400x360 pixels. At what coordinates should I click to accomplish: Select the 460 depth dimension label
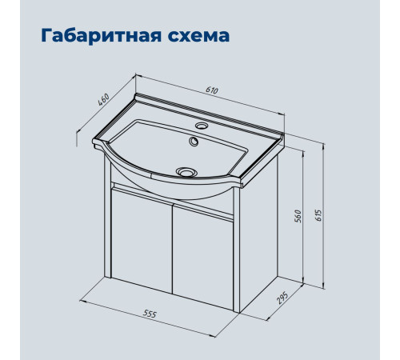(102, 100)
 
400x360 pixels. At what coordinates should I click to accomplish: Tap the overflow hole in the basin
(194, 143)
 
